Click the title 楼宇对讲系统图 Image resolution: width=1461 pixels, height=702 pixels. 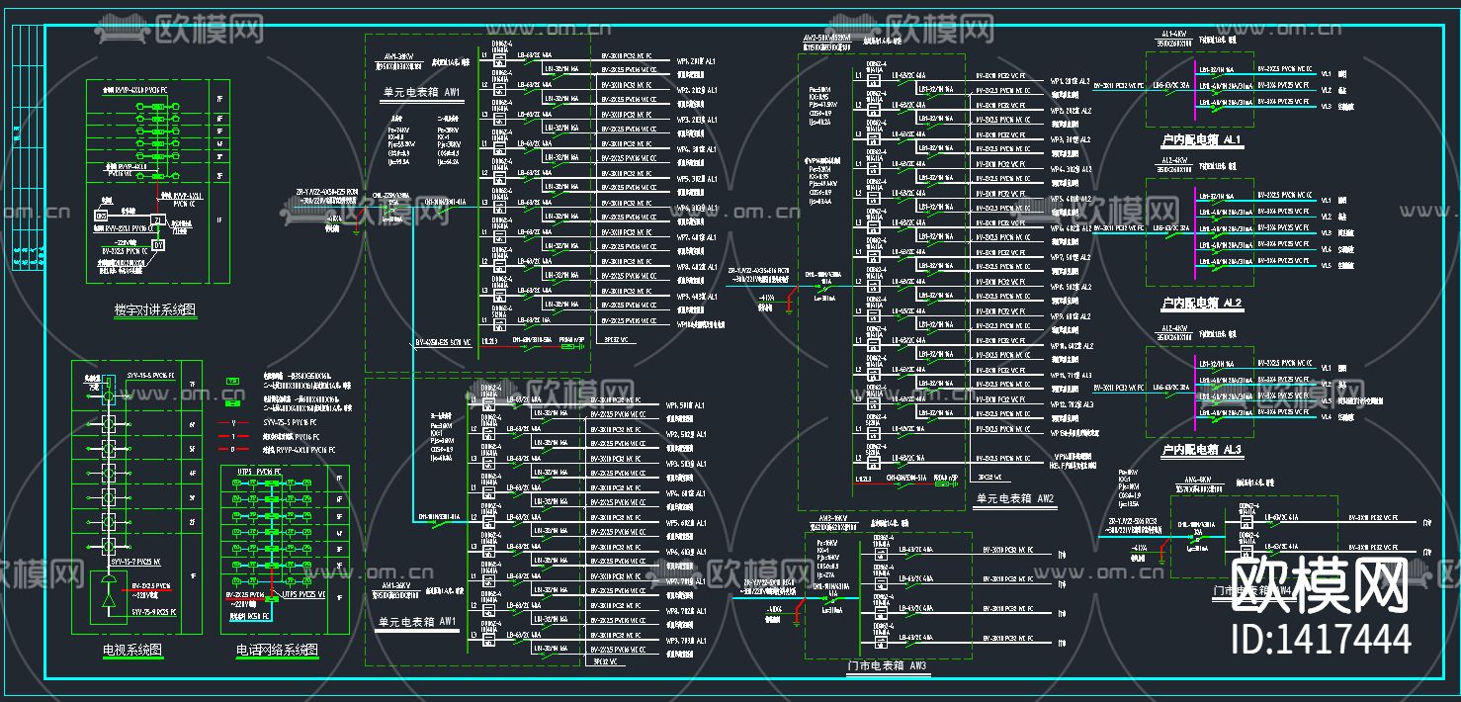[x=156, y=310]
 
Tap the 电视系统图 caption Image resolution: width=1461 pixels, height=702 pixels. [x=132, y=650]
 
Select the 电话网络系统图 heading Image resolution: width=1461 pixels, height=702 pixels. [x=277, y=650]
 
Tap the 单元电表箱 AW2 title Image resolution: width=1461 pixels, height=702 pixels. [x=1015, y=497]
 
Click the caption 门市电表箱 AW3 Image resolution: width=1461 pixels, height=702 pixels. [x=888, y=665]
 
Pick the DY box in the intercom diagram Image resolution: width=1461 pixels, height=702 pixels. [x=157, y=243]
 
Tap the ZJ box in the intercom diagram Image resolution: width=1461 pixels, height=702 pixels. [x=157, y=219]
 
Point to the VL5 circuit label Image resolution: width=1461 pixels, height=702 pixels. [x=1327, y=264]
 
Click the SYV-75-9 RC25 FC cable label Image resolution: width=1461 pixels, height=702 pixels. [x=153, y=613]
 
